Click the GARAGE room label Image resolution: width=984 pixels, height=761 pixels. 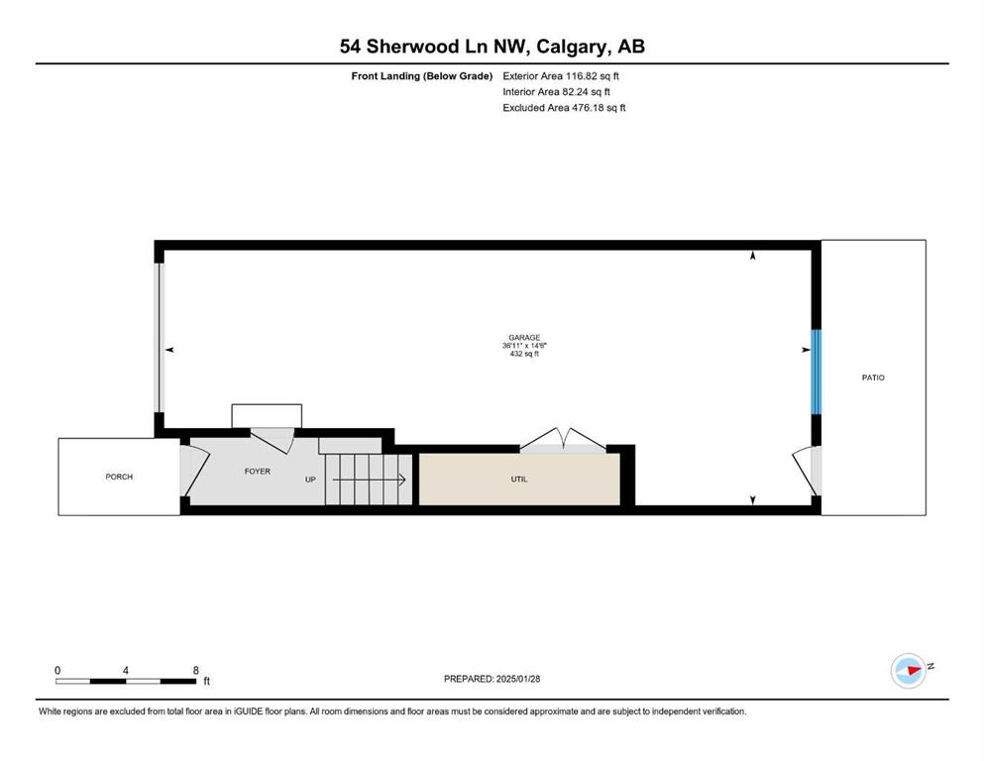524,338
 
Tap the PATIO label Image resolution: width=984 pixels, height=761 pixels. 873,378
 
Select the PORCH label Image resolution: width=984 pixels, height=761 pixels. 119,477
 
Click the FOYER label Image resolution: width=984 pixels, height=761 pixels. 258,471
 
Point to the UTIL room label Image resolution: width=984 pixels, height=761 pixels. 519,480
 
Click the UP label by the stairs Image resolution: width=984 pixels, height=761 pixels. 310,480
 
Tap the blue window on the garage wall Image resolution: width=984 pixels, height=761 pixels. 817,372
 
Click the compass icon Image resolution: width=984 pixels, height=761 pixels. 909,671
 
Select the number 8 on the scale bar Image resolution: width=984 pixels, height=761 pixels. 196,670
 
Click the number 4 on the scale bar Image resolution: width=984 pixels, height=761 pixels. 126,670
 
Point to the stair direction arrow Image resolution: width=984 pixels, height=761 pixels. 369,480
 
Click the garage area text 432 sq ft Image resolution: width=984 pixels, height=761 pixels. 524,354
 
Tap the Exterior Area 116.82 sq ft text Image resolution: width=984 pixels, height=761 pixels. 561,76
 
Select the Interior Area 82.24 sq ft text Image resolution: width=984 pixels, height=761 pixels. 557,91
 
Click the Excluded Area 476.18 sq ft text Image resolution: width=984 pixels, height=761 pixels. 564,107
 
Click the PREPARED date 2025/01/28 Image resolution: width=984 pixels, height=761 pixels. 518,679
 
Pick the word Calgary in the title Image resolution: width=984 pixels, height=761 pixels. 572,47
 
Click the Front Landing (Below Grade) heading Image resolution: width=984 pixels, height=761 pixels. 422,76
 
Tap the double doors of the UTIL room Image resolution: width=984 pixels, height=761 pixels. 563,440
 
